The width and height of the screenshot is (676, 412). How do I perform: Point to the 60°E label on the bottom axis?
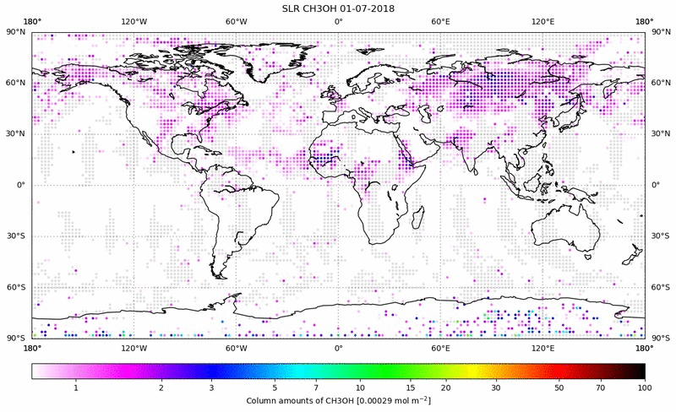coord(440,347)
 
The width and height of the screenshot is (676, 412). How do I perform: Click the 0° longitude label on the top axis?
coord(338,21)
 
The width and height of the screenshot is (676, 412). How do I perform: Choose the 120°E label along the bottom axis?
coord(542,347)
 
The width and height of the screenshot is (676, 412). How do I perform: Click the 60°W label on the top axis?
coord(236,21)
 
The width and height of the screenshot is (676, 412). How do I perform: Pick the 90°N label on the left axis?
coord(16,32)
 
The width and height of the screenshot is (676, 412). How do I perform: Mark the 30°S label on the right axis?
coord(660,236)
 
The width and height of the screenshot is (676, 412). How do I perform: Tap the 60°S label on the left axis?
coord(16,287)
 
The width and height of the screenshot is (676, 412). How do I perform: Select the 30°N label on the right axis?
coord(660,134)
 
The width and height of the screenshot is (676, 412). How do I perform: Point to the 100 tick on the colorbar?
coord(645,387)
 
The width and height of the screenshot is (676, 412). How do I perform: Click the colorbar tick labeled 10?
coord(361,387)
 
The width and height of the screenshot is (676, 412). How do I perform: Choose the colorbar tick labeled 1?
coord(77,387)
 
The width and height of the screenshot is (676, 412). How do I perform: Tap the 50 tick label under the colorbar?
coord(559,387)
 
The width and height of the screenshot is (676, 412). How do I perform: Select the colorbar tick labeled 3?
coord(212,387)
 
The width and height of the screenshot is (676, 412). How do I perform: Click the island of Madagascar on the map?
coord(417,217)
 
